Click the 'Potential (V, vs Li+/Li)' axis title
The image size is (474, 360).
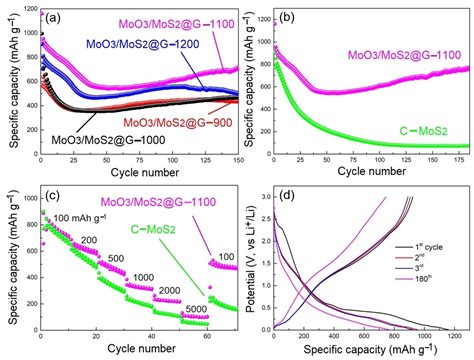point(247,262)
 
